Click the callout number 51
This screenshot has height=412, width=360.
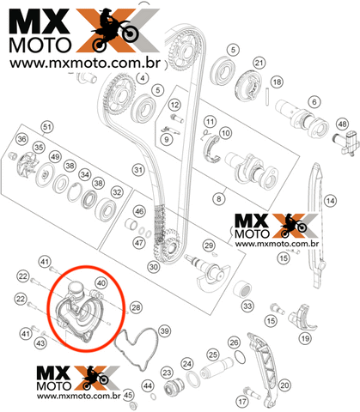[x=47, y=127]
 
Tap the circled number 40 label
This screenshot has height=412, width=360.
[x=101, y=283]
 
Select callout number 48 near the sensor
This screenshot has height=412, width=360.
[x=343, y=124]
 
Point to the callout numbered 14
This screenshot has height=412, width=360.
[x=331, y=201]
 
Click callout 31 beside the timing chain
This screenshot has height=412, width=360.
[x=138, y=170]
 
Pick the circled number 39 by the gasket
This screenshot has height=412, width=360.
[x=164, y=331]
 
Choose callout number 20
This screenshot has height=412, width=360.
[x=284, y=385]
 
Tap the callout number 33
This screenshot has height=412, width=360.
[x=247, y=306]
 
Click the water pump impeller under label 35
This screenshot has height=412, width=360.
[x=27, y=165]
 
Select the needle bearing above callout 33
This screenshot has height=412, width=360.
[x=242, y=289]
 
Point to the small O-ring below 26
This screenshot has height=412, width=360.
[x=240, y=357]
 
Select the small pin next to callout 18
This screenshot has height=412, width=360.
[x=267, y=96]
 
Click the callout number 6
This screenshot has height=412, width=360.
[x=314, y=102]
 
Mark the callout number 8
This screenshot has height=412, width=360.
[x=219, y=198]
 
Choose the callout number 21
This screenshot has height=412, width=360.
[x=259, y=63]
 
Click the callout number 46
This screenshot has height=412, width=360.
[x=139, y=211]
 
